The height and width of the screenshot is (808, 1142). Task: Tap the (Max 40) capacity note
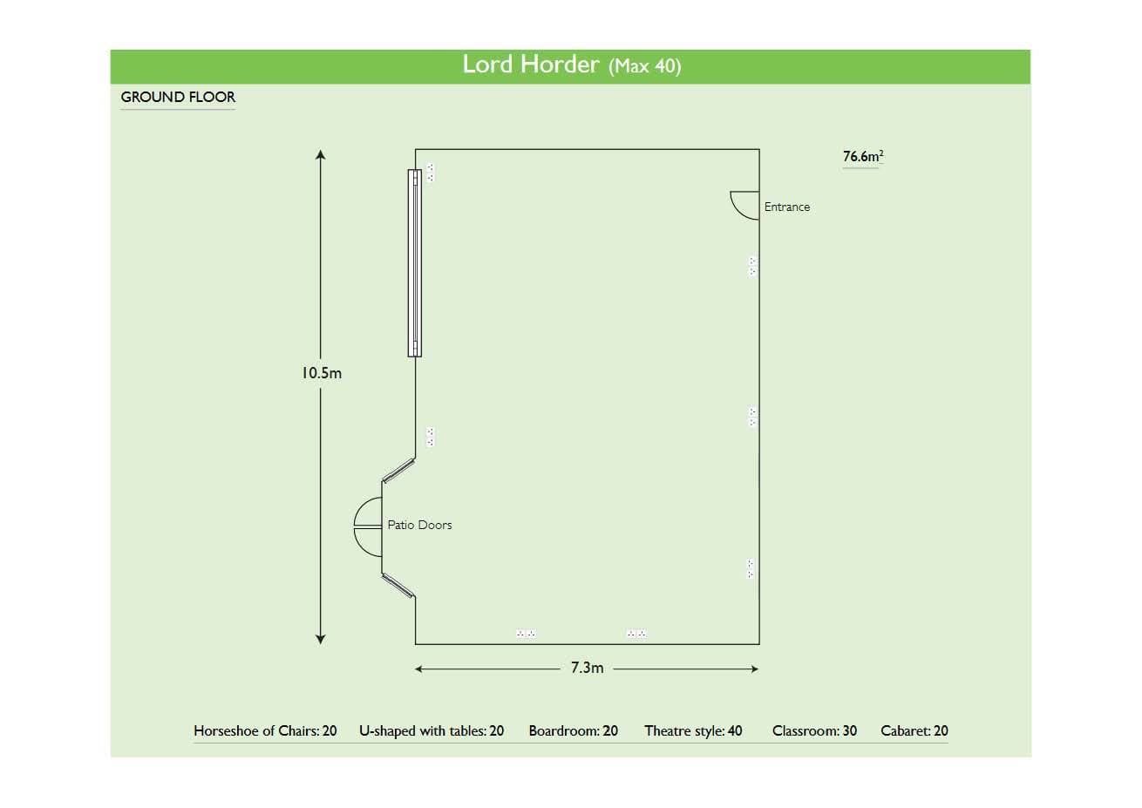pyautogui.click(x=644, y=66)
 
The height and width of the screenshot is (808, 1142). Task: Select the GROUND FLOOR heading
pyautogui.click(x=178, y=97)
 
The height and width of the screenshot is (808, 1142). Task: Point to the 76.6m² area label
pyautogui.click(x=862, y=157)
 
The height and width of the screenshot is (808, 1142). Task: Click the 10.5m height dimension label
pyautogui.click(x=321, y=373)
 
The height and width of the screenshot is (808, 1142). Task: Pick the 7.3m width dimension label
pyautogui.click(x=587, y=668)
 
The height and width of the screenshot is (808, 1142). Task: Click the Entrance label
pyautogui.click(x=786, y=207)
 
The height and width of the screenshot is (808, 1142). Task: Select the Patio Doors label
pyautogui.click(x=419, y=525)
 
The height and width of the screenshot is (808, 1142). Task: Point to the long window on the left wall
pyautogui.click(x=415, y=262)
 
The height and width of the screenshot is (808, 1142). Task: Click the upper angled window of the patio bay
pyautogui.click(x=398, y=470)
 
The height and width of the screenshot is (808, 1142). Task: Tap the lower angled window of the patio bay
pyautogui.click(x=398, y=585)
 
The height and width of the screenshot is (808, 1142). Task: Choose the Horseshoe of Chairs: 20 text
pyautogui.click(x=265, y=730)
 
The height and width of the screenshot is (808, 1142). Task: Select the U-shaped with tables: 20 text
pyautogui.click(x=432, y=730)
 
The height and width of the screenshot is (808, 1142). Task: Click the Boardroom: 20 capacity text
pyautogui.click(x=573, y=730)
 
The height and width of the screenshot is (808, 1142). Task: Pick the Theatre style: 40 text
pyautogui.click(x=693, y=730)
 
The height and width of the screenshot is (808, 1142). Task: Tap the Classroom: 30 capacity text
pyautogui.click(x=814, y=730)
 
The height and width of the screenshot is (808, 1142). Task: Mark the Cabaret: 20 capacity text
pyautogui.click(x=914, y=730)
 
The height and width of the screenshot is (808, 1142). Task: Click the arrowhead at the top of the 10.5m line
pyautogui.click(x=321, y=155)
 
